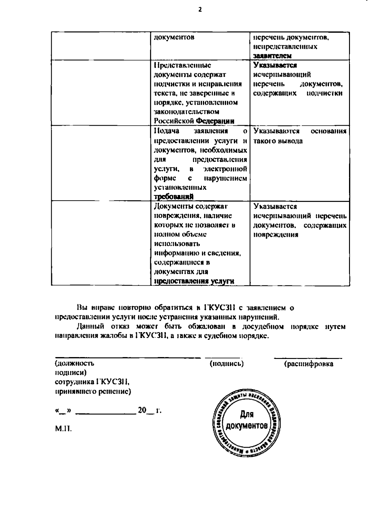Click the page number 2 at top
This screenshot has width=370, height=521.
point(200,10)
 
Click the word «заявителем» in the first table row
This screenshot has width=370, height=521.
point(272,56)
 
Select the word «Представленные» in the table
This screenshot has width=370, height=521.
point(183,65)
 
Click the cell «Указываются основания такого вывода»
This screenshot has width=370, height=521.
point(299,136)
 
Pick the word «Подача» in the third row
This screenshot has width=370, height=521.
point(166,131)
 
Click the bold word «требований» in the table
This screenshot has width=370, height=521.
point(174,197)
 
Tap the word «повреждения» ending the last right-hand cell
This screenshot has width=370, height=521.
point(276,235)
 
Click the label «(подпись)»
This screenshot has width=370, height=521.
point(227,364)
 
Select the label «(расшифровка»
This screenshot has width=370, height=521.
point(308,364)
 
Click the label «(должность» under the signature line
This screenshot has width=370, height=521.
point(74,363)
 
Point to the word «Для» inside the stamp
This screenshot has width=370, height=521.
point(247,415)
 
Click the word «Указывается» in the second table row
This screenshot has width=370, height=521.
point(275,65)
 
